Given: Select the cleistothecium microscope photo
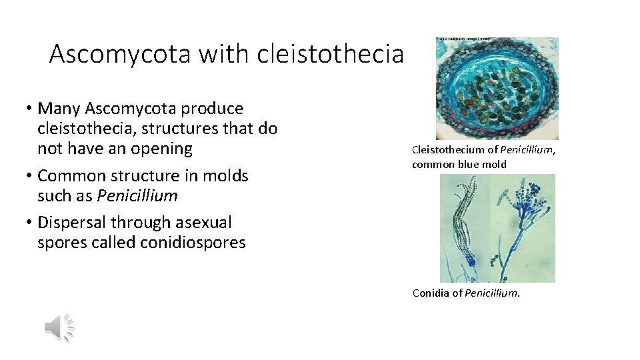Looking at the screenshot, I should [x=497, y=89].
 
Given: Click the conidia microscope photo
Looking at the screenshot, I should [x=497, y=228].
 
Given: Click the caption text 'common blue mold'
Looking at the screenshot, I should [x=459, y=164].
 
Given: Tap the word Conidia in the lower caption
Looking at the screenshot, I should [x=431, y=293].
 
